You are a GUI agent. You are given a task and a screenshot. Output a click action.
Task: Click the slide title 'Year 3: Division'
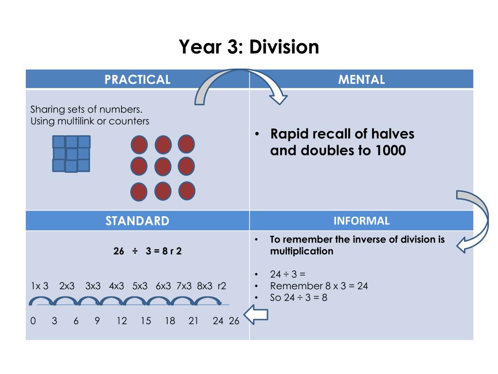(249, 47)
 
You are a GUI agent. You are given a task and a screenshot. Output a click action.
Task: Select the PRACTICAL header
(138, 79)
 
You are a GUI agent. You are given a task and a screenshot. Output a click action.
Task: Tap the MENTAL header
(361, 79)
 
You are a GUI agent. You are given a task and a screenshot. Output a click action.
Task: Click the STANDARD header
(138, 221)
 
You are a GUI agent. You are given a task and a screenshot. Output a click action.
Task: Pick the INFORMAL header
(361, 221)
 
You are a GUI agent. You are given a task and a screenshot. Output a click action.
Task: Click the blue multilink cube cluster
(71, 153)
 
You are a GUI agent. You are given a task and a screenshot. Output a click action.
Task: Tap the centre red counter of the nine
(163, 167)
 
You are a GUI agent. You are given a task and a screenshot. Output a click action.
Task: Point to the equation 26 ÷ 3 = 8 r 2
(147, 252)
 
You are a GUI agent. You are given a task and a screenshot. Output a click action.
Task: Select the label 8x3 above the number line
(205, 286)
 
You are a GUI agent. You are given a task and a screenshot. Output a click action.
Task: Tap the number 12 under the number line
(122, 321)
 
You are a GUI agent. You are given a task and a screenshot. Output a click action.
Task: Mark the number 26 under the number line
(234, 321)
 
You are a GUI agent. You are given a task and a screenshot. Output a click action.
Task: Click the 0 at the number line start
(33, 321)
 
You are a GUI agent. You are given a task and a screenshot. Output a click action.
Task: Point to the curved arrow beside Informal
(475, 219)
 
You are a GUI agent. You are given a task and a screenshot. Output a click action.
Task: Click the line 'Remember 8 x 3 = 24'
(319, 286)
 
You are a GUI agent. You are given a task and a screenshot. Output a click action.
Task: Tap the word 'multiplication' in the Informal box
(302, 251)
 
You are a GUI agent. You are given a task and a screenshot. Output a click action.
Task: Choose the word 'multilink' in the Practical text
(77, 121)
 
